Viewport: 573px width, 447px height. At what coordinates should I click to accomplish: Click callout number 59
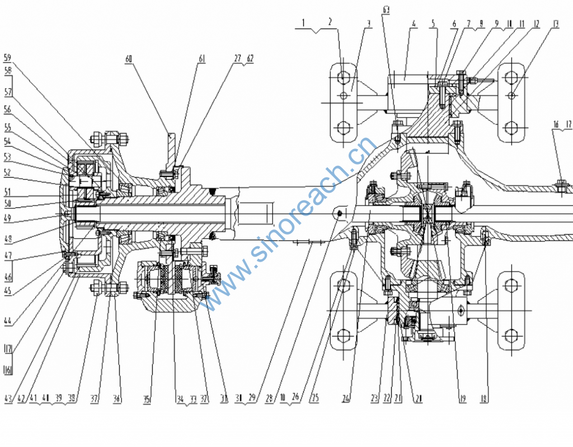point(8,57)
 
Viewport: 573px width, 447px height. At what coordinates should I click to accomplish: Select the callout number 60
point(129,57)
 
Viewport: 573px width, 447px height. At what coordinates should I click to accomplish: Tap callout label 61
point(201,57)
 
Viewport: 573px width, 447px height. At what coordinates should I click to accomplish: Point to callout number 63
point(386,10)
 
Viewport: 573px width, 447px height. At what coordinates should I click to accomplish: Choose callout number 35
point(147,399)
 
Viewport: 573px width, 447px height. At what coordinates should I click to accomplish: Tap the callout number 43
point(8,399)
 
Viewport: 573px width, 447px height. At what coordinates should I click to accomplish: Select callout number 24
point(346,399)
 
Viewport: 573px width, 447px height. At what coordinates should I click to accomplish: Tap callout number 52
point(8,173)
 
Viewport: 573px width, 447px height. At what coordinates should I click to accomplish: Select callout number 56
point(8,109)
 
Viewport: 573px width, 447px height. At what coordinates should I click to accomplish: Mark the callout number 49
point(8,217)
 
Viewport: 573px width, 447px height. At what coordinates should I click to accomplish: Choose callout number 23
point(373,399)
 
